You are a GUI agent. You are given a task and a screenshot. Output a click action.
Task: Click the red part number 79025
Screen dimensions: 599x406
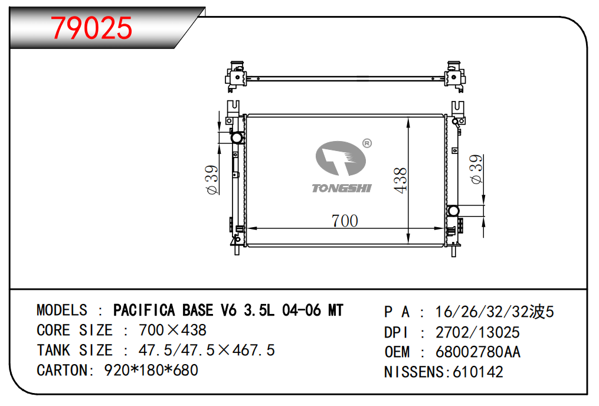pyautogui.click(x=91, y=28)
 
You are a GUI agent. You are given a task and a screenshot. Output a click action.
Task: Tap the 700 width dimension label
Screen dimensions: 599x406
pyautogui.click(x=345, y=221)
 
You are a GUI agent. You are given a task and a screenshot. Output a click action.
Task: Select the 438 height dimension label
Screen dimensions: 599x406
pyautogui.click(x=400, y=180)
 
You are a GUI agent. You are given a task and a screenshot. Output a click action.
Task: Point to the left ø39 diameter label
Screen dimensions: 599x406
pyautogui.click(x=212, y=179)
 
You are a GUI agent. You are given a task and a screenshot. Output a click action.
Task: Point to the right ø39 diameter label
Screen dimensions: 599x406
pyautogui.click(x=476, y=169)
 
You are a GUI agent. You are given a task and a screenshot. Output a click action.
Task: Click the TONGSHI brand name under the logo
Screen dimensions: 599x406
pyautogui.click(x=342, y=188)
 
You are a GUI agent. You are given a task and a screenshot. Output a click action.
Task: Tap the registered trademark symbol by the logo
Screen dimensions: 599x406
pyautogui.click(x=366, y=143)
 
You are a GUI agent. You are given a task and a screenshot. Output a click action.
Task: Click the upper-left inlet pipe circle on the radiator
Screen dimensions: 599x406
pyautogui.click(x=237, y=137)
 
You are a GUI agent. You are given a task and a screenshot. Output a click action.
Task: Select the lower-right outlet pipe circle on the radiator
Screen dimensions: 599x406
pyautogui.click(x=453, y=211)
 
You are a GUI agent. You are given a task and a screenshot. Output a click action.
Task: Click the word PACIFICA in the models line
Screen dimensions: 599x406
pyautogui.click(x=144, y=310)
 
